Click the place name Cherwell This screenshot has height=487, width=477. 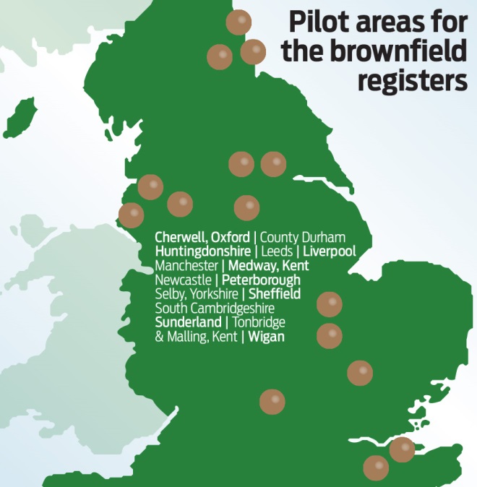pyautogui.click(x=181, y=237)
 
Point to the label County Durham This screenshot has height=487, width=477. pyautogui.click(x=303, y=237)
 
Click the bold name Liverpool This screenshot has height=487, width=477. pyautogui.click(x=329, y=251)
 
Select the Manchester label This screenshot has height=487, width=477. pyautogui.click(x=186, y=265)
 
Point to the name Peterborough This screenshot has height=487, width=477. pyautogui.click(x=261, y=280)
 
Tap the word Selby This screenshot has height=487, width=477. pyautogui.click(x=170, y=294)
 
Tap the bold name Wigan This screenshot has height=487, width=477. pyautogui.click(x=267, y=337)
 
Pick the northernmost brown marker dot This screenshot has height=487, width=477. pyautogui.click(x=239, y=23)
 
